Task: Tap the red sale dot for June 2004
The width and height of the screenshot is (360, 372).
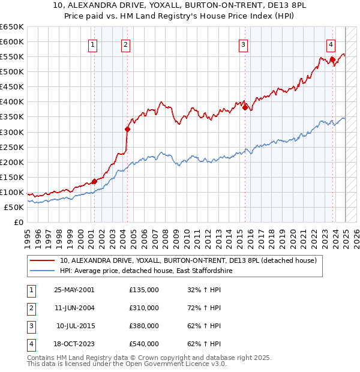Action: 127,129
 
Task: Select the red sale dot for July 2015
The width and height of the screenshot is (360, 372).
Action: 245,108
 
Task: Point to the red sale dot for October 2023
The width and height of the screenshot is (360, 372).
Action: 332,59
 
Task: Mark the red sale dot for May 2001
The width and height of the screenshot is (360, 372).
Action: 94,182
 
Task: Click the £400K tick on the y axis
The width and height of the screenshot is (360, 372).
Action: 11,102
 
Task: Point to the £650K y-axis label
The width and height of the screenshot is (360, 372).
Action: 11,27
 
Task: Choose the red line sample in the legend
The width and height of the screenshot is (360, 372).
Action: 43,261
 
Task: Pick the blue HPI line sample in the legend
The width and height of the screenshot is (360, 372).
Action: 43,271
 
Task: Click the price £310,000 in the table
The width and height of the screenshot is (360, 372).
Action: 144,308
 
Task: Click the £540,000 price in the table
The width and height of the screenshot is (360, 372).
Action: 144,344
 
